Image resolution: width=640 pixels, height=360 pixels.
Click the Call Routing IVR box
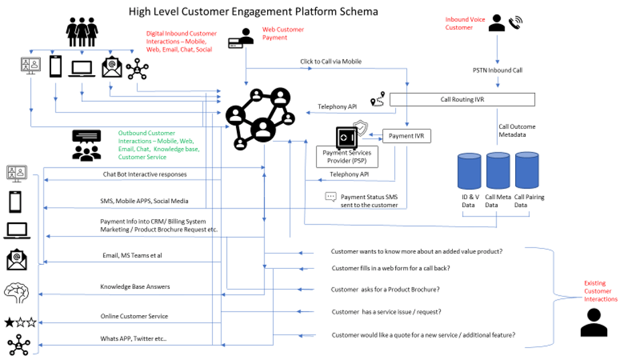coord(462,99)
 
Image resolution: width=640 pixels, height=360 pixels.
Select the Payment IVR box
coord(406,136)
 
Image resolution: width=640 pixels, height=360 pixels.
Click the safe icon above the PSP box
coord(346,137)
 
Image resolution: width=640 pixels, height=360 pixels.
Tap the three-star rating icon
coord(20,322)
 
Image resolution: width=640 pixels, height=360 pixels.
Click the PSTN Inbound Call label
coord(497,70)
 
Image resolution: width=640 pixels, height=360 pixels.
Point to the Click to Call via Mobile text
coord(331,62)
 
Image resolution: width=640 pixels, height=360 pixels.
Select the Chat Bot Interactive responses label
coord(144,174)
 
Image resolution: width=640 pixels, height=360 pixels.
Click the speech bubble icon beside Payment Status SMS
coord(330,197)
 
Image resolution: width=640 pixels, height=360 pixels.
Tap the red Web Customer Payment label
coord(282,34)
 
